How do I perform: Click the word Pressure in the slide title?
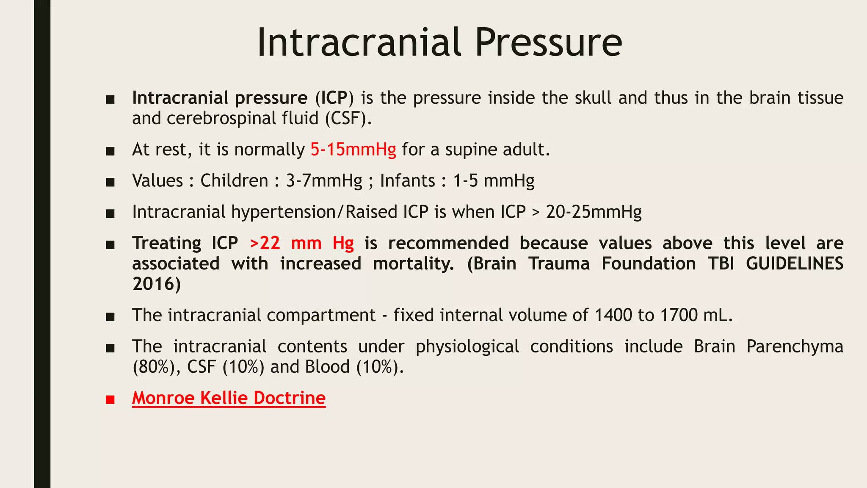point(548,42)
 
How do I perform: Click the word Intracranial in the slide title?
point(359,42)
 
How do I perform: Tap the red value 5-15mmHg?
point(353,150)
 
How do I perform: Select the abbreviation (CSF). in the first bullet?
point(348,118)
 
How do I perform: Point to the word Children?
point(234,181)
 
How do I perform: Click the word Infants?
point(407,181)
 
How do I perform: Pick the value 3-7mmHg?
point(324,181)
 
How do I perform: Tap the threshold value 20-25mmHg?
point(594,212)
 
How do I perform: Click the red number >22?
point(265,243)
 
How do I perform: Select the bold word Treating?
point(167,243)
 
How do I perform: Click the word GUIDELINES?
point(794,263)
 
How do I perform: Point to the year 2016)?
point(157,284)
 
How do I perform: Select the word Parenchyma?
point(794,347)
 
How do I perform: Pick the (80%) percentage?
point(154,367)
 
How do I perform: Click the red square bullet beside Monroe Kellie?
point(110,399)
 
